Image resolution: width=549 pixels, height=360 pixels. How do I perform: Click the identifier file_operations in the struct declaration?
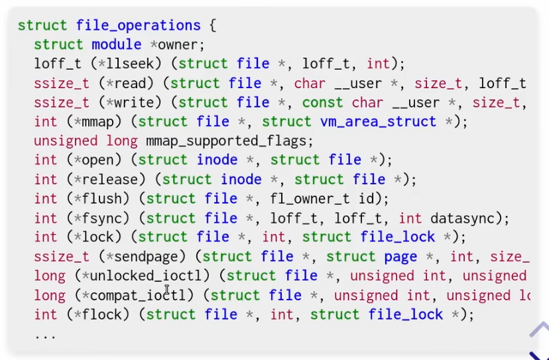(139, 26)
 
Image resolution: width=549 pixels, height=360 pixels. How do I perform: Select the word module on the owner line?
(116, 45)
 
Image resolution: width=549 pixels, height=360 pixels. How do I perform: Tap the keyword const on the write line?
(322, 103)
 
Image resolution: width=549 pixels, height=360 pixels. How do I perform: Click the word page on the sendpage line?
(400, 257)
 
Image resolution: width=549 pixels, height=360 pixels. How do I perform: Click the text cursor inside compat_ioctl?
(167, 291)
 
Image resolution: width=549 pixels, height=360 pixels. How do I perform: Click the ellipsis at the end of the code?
(45, 335)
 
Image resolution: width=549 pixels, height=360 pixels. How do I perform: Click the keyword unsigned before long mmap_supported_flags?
(66, 141)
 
